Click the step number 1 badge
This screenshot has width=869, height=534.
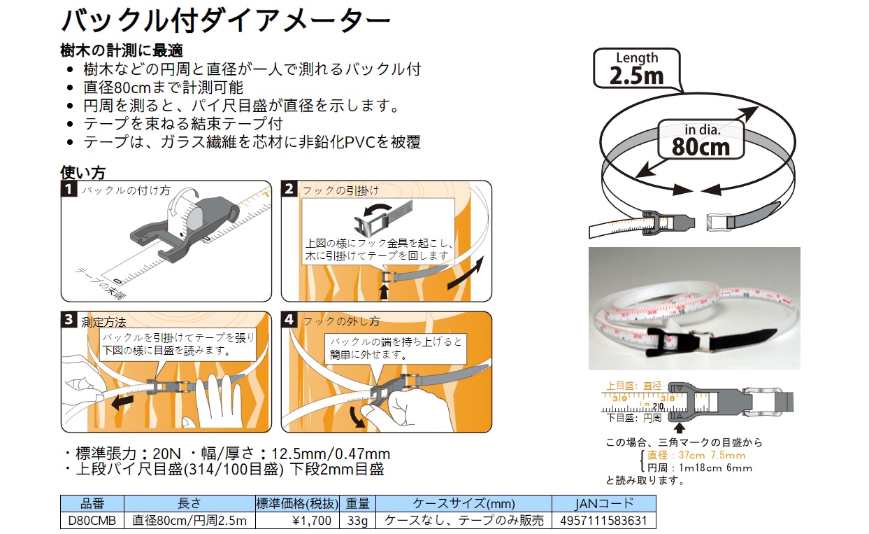[x=69, y=189]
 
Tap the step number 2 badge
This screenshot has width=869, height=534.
[x=289, y=189]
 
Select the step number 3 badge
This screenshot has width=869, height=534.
[x=69, y=320]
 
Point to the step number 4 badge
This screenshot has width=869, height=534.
[x=289, y=320]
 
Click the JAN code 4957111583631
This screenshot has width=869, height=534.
[x=604, y=520]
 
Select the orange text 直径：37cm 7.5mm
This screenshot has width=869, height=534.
[x=696, y=456]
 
